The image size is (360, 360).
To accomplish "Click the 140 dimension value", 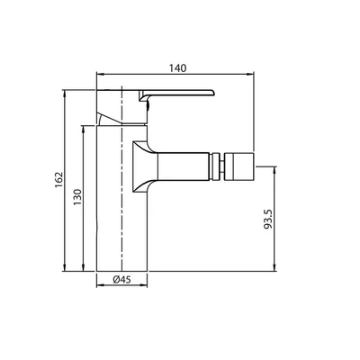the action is pyautogui.click(x=177, y=68).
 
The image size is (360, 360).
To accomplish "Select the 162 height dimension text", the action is pyautogui.click(x=59, y=180).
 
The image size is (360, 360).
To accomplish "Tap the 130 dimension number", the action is pyautogui.click(x=77, y=197).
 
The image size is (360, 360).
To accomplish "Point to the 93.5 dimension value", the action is pyautogui.click(x=267, y=220).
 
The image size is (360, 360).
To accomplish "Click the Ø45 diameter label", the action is pyautogui.click(x=122, y=280).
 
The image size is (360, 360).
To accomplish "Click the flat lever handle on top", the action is pyautogui.click(x=176, y=94).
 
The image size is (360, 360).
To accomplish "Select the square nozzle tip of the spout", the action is pyautogui.click(x=239, y=166).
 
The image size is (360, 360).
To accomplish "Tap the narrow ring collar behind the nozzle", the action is pyautogui.click(x=215, y=166).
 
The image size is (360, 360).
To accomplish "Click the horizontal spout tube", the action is pyautogui.click(x=184, y=166).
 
